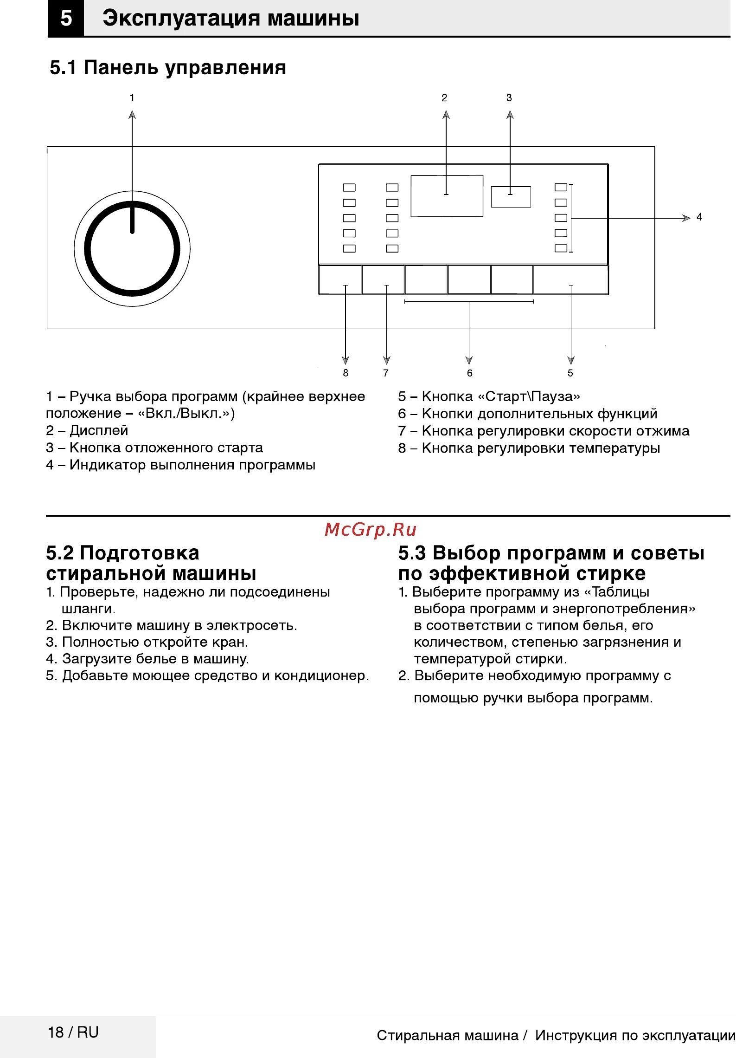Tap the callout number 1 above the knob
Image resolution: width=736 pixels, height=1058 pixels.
(x=132, y=98)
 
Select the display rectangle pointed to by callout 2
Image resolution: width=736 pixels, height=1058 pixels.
(x=447, y=196)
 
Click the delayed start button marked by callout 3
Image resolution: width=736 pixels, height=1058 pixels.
(x=511, y=197)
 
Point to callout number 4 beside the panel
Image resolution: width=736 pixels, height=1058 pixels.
(x=699, y=217)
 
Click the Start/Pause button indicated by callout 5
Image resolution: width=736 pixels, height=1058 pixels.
(x=571, y=279)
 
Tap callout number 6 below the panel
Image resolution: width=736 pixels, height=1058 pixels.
(x=469, y=373)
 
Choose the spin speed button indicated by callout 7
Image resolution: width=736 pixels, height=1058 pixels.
(x=383, y=279)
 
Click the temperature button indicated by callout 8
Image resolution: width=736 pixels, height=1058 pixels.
(x=340, y=279)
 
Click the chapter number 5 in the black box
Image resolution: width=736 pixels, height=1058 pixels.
(x=66, y=19)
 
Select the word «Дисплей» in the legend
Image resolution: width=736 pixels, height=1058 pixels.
(x=99, y=431)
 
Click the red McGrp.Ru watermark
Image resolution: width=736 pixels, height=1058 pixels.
(x=371, y=530)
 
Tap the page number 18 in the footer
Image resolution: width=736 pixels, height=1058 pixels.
(x=56, y=1032)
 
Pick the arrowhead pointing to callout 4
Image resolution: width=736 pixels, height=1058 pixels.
(x=686, y=218)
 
